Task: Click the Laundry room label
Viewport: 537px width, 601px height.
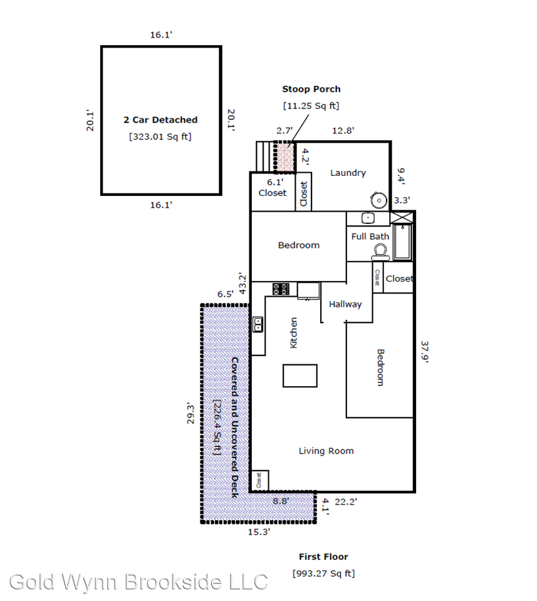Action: pyautogui.click(x=348, y=173)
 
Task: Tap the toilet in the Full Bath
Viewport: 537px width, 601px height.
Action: pyautogui.click(x=380, y=252)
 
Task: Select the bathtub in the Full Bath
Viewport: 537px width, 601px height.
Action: pyautogui.click(x=402, y=242)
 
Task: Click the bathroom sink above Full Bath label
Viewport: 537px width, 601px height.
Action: pyautogui.click(x=368, y=218)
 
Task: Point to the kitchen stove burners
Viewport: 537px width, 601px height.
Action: pyautogui.click(x=281, y=289)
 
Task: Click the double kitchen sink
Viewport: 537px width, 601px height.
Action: pyautogui.click(x=258, y=324)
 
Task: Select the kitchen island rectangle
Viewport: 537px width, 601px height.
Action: pyautogui.click(x=300, y=376)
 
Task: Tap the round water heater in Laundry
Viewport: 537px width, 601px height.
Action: pyautogui.click(x=378, y=200)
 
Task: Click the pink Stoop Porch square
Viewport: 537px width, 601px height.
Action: pyautogui.click(x=284, y=157)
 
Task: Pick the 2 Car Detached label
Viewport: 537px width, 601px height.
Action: pyautogui.click(x=160, y=120)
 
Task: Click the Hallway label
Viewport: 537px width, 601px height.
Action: pyautogui.click(x=345, y=304)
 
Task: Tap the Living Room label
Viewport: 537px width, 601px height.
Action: pyautogui.click(x=326, y=451)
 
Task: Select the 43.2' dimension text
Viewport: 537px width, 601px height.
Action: pyautogui.click(x=242, y=283)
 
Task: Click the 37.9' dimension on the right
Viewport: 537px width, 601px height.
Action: pyautogui.click(x=424, y=351)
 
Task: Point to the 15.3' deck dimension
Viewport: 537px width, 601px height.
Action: pyautogui.click(x=259, y=532)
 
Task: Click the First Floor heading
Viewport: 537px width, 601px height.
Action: pyautogui.click(x=323, y=557)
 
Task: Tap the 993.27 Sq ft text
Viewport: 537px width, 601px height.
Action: pyautogui.click(x=324, y=574)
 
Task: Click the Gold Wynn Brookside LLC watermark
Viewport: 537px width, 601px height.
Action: pyautogui.click(x=138, y=582)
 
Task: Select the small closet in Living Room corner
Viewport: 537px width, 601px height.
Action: pyautogui.click(x=259, y=480)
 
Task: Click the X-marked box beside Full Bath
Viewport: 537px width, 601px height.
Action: pyautogui.click(x=402, y=217)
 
